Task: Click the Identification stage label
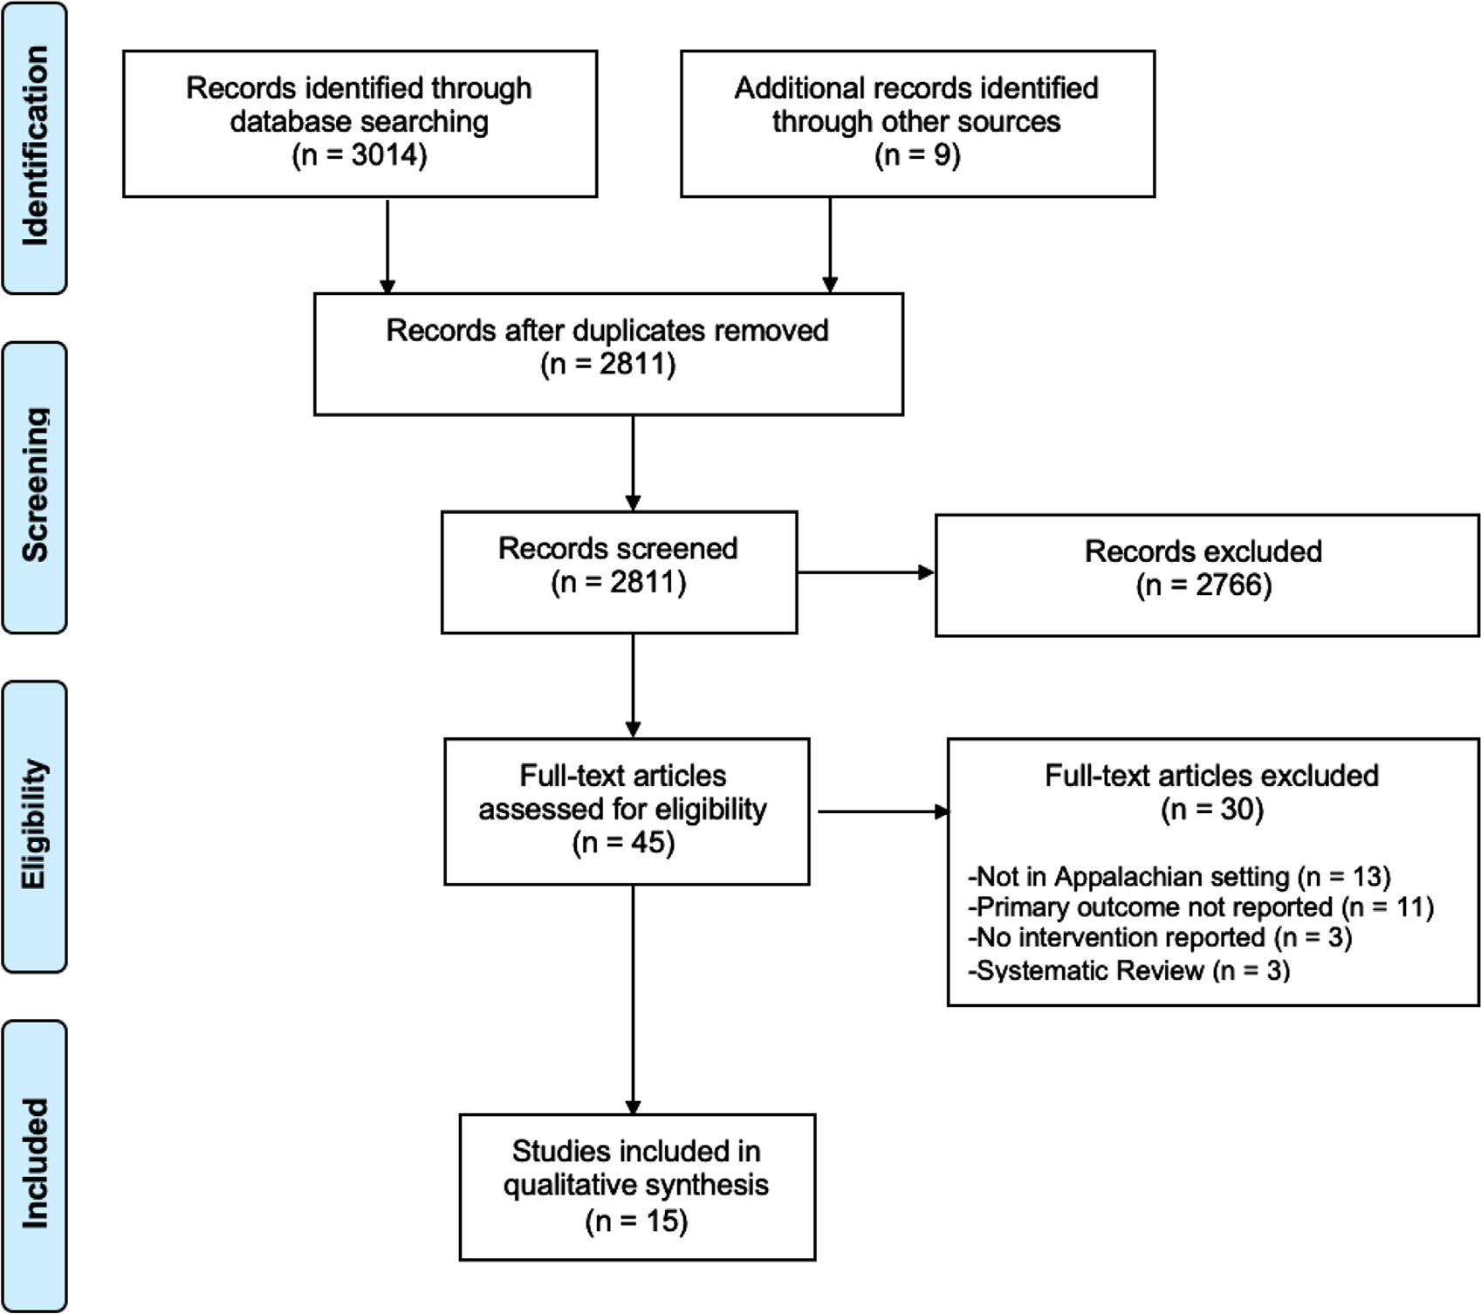(35, 147)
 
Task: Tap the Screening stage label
(35, 486)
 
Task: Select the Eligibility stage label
(35, 825)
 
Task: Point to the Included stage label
(35, 1165)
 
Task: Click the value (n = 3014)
(360, 155)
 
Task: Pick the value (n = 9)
(917, 155)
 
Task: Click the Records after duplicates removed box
(608, 353)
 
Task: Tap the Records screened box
(619, 571)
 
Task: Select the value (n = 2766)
(1203, 585)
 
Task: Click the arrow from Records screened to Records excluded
(865, 572)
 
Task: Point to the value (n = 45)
(624, 843)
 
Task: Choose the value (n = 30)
(1212, 810)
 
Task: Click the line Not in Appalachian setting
(1179, 876)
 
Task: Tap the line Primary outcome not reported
(1201, 907)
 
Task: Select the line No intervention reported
(1160, 938)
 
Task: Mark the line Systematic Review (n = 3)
(1129, 970)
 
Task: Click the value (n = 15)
(636, 1221)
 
